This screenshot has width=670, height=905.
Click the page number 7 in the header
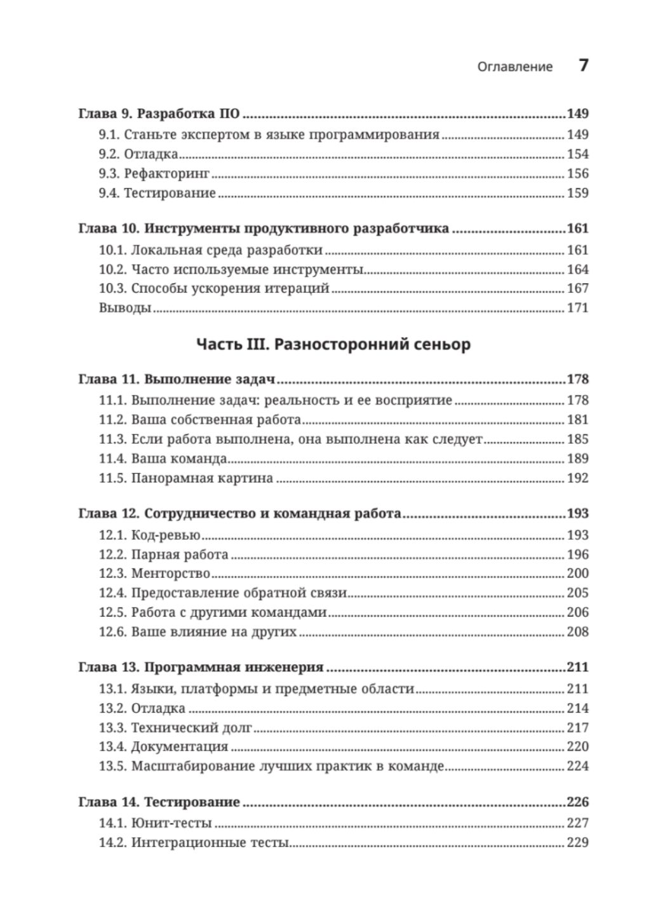(583, 65)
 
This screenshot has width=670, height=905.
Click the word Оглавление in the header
(514, 67)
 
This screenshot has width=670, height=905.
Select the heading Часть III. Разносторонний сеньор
(333, 345)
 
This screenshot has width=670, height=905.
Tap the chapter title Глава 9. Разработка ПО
(159, 114)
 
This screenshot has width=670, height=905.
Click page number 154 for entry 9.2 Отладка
(577, 154)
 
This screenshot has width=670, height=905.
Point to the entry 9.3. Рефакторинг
(154, 174)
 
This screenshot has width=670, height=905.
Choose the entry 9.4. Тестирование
(157, 193)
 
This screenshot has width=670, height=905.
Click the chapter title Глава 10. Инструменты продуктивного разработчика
(264, 229)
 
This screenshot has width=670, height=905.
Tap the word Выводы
(124, 308)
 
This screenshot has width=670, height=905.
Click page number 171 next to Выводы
(577, 308)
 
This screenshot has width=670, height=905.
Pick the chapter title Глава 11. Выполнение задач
(177, 380)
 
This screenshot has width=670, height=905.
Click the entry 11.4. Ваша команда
(163, 459)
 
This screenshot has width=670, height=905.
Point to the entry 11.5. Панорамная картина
(185, 478)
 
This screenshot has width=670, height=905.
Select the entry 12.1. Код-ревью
(149, 535)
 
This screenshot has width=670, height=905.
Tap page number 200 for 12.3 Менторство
(577, 573)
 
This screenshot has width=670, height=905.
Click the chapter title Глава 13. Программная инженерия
(201, 667)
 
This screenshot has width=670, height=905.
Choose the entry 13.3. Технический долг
(175, 728)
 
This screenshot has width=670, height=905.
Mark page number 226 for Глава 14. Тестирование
(577, 802)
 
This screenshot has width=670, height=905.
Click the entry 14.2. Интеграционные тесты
(194, 843)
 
